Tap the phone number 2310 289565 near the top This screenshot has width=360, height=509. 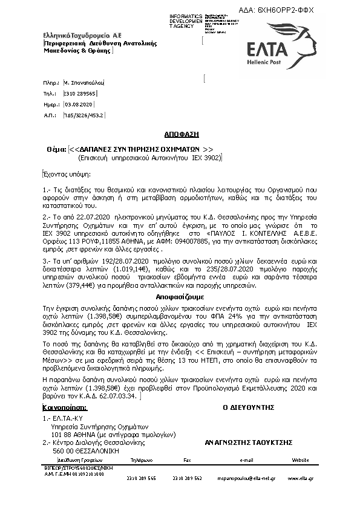click(80, 93)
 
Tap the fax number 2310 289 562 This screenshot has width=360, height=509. click(187, 479)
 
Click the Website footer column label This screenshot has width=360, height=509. click(301, 461)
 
